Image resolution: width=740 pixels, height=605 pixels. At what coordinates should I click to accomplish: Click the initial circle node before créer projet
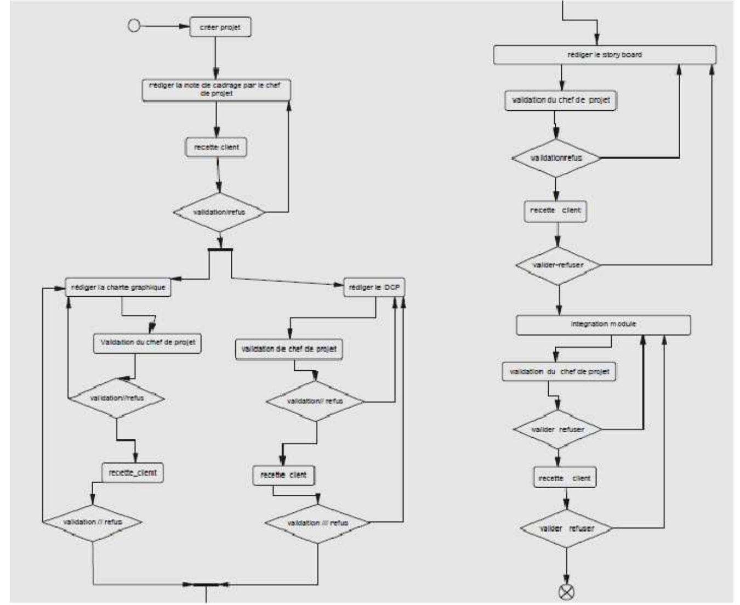(134, 26)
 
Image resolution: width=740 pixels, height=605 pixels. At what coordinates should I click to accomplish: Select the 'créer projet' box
(220, 27)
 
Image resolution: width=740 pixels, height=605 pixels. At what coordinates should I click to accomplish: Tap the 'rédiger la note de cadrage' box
(216, 90)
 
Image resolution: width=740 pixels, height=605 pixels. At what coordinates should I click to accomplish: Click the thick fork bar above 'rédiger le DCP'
(220, 250)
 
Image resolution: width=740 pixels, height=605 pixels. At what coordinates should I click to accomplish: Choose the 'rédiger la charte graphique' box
(118, 287)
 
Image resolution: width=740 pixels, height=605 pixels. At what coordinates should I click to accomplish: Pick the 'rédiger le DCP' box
(374, 287)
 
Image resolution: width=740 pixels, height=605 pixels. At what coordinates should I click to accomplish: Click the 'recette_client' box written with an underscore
(133, 472)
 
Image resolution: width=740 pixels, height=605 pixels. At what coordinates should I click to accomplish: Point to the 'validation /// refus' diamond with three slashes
(317, 523)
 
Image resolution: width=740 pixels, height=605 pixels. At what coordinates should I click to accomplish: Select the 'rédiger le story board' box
(605, 55)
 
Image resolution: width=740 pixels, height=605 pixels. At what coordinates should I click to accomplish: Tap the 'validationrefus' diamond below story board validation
(556, 158)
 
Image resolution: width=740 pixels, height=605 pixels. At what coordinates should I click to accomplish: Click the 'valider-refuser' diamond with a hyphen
(558, 265)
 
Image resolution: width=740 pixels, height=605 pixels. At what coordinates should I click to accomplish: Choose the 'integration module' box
(603, 325)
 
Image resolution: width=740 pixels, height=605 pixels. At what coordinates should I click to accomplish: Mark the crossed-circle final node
(566, 591)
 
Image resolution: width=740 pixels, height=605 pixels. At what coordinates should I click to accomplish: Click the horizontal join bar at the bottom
(206, 584)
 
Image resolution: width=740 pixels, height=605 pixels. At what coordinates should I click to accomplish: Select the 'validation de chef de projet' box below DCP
(289, 349)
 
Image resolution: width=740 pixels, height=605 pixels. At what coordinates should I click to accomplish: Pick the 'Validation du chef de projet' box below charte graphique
(147, 343)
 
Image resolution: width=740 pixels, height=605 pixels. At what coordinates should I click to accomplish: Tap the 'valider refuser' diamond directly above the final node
(566, 529)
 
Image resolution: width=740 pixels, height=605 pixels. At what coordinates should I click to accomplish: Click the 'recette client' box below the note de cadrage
(216, 148)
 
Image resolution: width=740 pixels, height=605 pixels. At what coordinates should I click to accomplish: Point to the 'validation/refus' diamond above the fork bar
(219, 212)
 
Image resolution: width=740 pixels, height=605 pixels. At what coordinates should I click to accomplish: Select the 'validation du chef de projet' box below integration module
(559, 372)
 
